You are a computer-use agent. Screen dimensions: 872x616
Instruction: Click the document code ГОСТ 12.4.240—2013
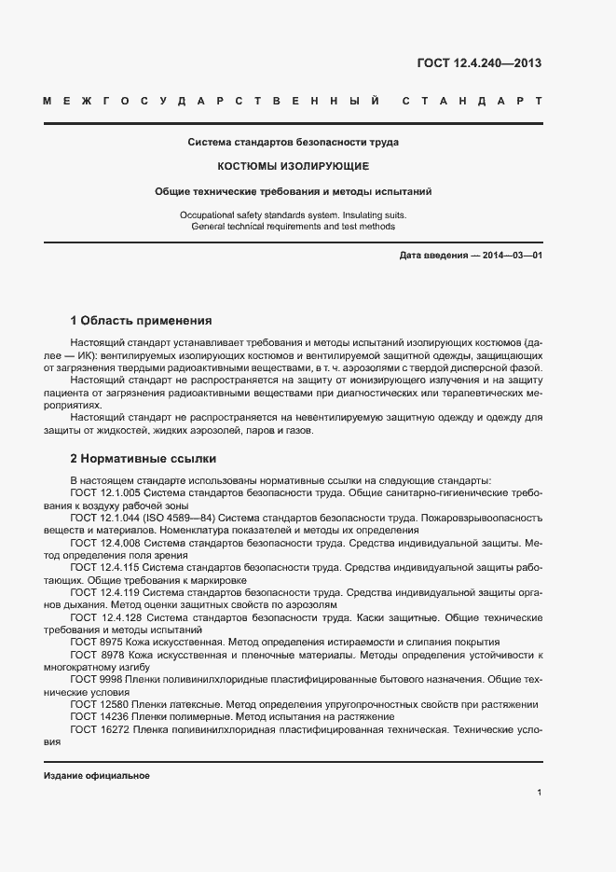478,63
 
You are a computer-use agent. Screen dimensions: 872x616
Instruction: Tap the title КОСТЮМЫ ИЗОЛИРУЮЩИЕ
294,167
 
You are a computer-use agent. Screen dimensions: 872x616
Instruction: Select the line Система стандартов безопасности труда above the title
294,144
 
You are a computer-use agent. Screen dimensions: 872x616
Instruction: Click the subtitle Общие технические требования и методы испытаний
294,191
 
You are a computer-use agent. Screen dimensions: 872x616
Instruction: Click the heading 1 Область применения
141,320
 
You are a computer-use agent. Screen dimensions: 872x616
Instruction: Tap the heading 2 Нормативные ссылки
144,458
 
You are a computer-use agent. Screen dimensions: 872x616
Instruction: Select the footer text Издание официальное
97,776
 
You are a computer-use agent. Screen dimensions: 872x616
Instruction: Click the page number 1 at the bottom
540,793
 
